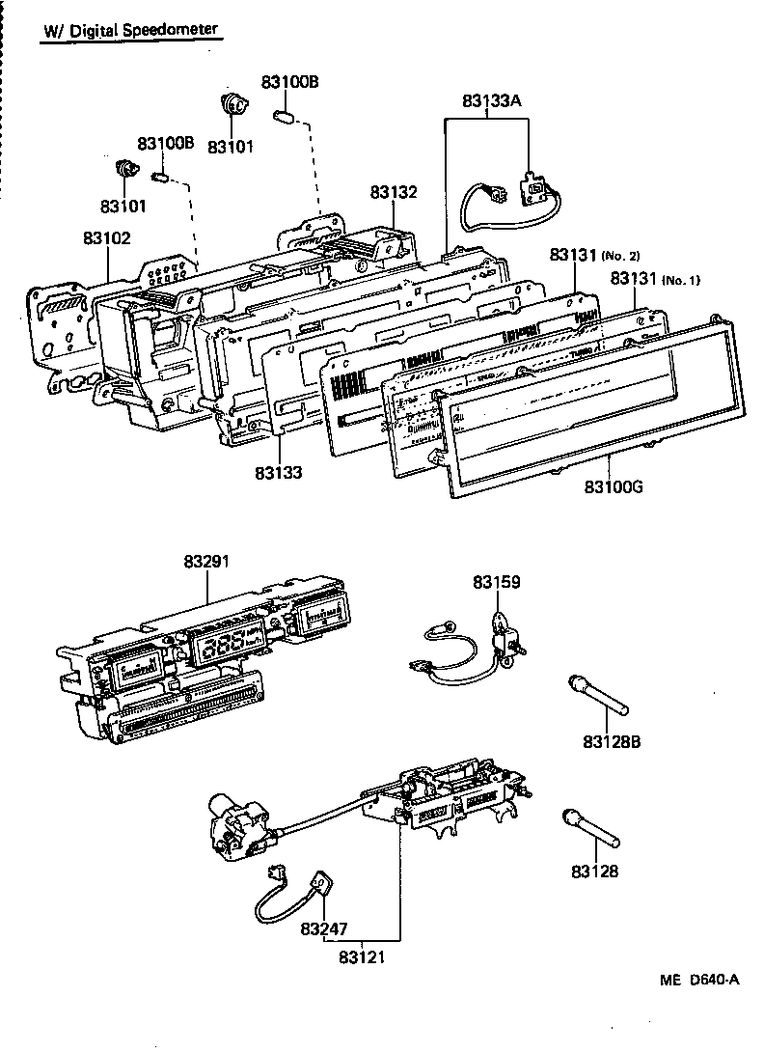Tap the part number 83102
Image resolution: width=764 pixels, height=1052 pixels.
[106, 237]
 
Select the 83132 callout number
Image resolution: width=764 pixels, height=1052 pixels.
[394, 193]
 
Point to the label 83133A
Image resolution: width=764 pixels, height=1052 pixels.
[491, 100]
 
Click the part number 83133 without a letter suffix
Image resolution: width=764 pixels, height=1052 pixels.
[279, 473]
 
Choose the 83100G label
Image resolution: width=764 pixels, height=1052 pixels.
[613, 486]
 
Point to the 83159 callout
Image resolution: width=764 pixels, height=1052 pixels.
[496, 582]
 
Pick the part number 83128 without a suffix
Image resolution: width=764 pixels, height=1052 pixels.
[594, 872]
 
